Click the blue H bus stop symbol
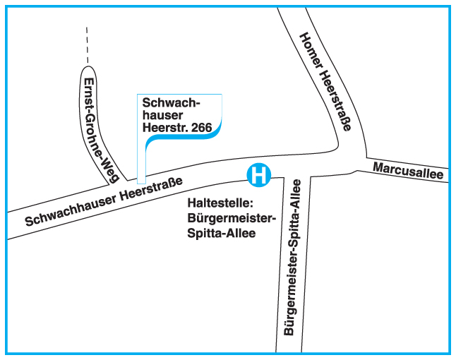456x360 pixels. tap(260, 174)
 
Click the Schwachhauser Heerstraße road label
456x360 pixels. tap(104, 201)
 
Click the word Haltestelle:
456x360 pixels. tap(215, 204)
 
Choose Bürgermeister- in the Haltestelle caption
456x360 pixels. tap(227, 218)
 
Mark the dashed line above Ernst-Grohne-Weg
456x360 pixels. tap(87, 45)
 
